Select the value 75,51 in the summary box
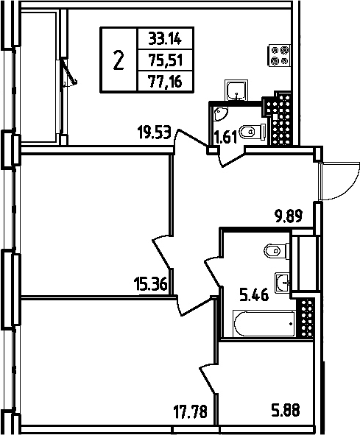pos(162,61)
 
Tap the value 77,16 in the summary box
pos(162,85)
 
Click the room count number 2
pos(118,61)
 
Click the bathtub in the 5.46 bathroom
pos(263,322)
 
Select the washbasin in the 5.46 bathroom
pos(282,280)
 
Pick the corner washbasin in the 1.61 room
pos(219,115)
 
